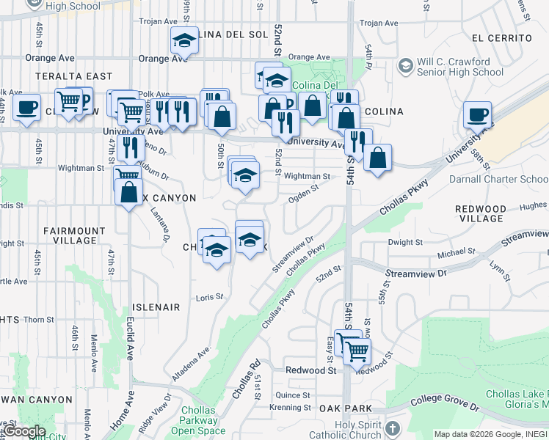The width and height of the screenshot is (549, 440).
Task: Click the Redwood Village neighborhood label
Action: pyautogui.click(x=481, y=213)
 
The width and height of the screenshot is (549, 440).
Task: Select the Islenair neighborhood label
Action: pyautogui.click(x=156, y=307)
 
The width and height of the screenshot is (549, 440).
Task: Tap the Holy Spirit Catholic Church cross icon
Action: pyautogui.click(x=393, y=428)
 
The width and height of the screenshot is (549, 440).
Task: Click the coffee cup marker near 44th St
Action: pyautogui.click(x=26, y=107)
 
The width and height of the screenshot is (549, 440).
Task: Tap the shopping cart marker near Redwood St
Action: pyautogui.click(x=357, y=351)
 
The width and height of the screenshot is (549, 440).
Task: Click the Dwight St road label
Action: pyautogui.click(x=405, y=242)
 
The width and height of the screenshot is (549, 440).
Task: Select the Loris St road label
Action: pyautogui.click(x=209, y=297)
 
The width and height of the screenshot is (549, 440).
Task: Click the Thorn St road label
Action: pyautogui.click(x=38, y=320)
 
